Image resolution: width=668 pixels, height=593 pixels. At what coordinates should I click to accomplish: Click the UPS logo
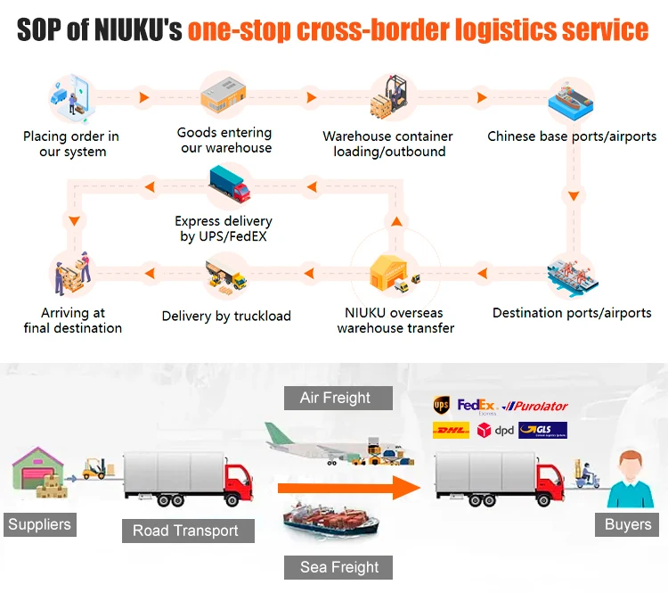441,406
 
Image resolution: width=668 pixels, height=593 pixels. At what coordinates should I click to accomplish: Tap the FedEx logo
476,406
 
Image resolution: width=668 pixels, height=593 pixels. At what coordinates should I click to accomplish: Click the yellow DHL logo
450,431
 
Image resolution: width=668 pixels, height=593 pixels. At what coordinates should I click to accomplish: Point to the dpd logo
494,431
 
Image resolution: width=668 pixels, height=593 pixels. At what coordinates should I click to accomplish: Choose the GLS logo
542,431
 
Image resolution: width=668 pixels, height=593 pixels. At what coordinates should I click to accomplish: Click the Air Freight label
335,398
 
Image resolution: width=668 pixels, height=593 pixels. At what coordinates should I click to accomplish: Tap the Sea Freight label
339,567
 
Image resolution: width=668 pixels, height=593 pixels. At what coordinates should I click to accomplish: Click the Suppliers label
39,524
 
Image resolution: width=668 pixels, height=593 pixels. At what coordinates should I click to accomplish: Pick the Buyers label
627,524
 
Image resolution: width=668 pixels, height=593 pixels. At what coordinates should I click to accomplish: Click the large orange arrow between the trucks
347,488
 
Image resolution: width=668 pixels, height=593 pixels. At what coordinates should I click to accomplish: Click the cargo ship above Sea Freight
330,523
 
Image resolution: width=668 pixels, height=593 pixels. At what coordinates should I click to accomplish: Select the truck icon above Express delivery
229,185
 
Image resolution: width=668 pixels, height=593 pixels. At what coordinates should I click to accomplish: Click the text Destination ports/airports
572,313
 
